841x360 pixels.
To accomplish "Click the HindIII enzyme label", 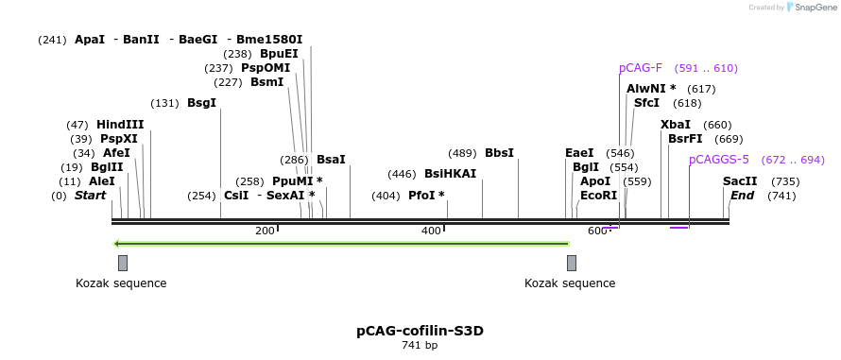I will [x=120, y=124].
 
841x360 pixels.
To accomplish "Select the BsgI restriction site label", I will [x=201, y=102].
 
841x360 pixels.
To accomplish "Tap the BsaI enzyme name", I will [x=331, y=159].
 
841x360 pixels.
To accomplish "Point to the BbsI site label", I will [x=499, y=152].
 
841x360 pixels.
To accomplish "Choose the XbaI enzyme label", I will [x=676, y=124].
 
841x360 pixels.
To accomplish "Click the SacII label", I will [x=740, y=180].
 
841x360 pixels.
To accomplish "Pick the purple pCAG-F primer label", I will [x=641, y=68].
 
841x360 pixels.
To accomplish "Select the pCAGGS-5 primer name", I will [x=719, y=160].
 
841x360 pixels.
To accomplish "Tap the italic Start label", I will [x=90, y=195].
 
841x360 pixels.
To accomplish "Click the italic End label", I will [x=742, y=195].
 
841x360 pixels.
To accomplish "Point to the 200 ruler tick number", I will [x=265, y=231].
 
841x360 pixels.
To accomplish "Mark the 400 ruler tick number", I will [x=431, y=231].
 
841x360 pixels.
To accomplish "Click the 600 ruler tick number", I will [x=597, y=231].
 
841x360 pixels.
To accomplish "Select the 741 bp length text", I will [x=420, y=346].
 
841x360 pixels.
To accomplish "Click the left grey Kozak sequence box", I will [x=122, y=263].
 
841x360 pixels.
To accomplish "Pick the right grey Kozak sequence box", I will [x=571, y=263].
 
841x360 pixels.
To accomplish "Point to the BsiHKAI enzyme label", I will [x=450, y=173].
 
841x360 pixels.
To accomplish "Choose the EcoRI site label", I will [x=598, y=195].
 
